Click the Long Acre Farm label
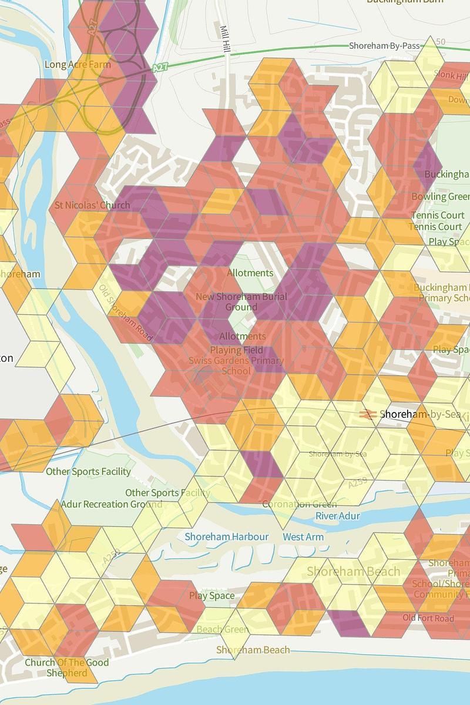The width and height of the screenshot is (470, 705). [x=77, y=64]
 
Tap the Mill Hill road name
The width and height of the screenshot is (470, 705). [x=224, y=38]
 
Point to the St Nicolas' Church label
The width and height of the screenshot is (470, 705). [x=92, y=206]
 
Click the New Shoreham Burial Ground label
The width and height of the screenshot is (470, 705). [x=241, y=301]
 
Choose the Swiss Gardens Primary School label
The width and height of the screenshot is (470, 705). [x=236, y=365]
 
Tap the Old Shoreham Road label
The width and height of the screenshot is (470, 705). [x=126, y=313]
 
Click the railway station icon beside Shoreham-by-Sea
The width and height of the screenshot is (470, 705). [x=369, y=415]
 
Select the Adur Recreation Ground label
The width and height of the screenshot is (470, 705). [x=112, y=504]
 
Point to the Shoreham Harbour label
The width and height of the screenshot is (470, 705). [x=227, y=536]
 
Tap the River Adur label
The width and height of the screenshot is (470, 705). [x=338, y=516]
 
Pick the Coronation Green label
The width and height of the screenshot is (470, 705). [x=299, y=504]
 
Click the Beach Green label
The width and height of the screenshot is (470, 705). [x=223, y=629]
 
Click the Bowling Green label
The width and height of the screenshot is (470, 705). [x=441, y=196]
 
